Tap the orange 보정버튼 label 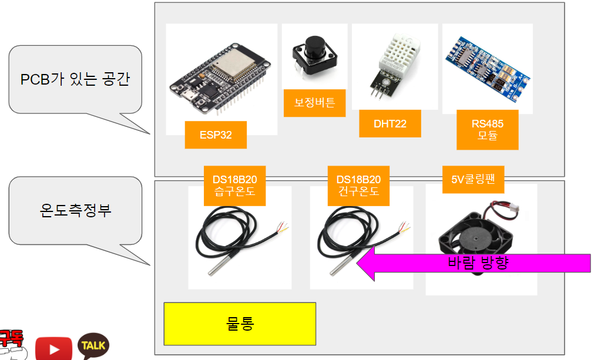(x=314, y=103)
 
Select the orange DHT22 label (x=390, y=124)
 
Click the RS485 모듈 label (x=487, y=130)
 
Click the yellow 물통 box (x=240, y=324)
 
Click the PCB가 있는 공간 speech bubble (x=75, y=80)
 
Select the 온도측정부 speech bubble (x=75, y=210)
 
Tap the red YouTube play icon (x=53, y=348)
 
